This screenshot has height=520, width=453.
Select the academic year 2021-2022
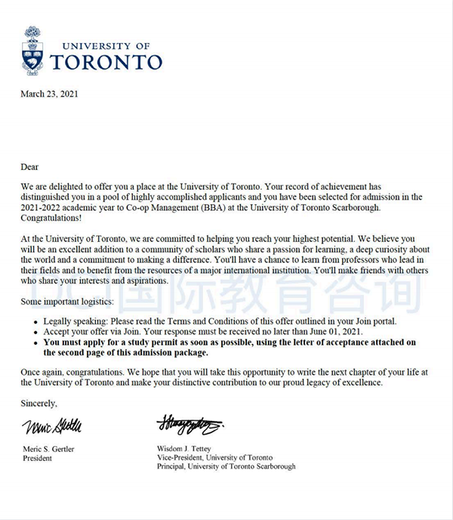click(x=43, y=207)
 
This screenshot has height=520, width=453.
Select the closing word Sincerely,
click(x=39, y=404)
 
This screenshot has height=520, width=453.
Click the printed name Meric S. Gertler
click(x=52, y=448)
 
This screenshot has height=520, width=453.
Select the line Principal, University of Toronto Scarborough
click(x=226, y=467)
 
